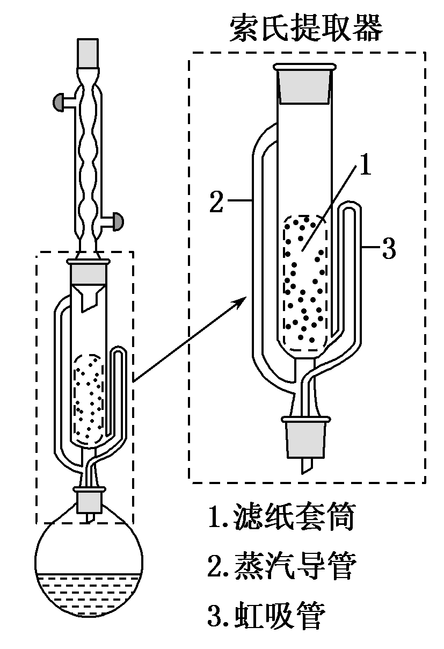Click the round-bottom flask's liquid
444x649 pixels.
(x=89, y=591)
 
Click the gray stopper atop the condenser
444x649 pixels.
(x=89, y=54)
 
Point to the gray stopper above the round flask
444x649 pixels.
(x=89, y=501)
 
